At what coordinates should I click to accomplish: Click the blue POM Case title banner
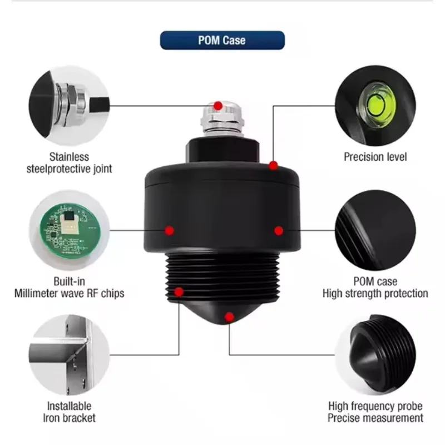222,40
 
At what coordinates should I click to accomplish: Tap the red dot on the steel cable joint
219,105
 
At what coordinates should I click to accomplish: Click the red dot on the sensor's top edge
273,165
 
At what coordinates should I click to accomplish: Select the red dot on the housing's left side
170,230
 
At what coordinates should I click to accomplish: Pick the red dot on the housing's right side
279,230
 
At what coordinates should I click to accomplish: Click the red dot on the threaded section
179,291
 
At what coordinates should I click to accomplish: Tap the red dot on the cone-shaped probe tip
229,317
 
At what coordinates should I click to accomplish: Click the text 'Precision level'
375,157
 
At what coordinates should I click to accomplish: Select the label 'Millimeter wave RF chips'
70,293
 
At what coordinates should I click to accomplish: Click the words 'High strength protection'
375,293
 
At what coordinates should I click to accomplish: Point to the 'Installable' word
70,406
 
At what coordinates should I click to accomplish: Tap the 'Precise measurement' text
375,418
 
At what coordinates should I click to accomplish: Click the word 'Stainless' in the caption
70,156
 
